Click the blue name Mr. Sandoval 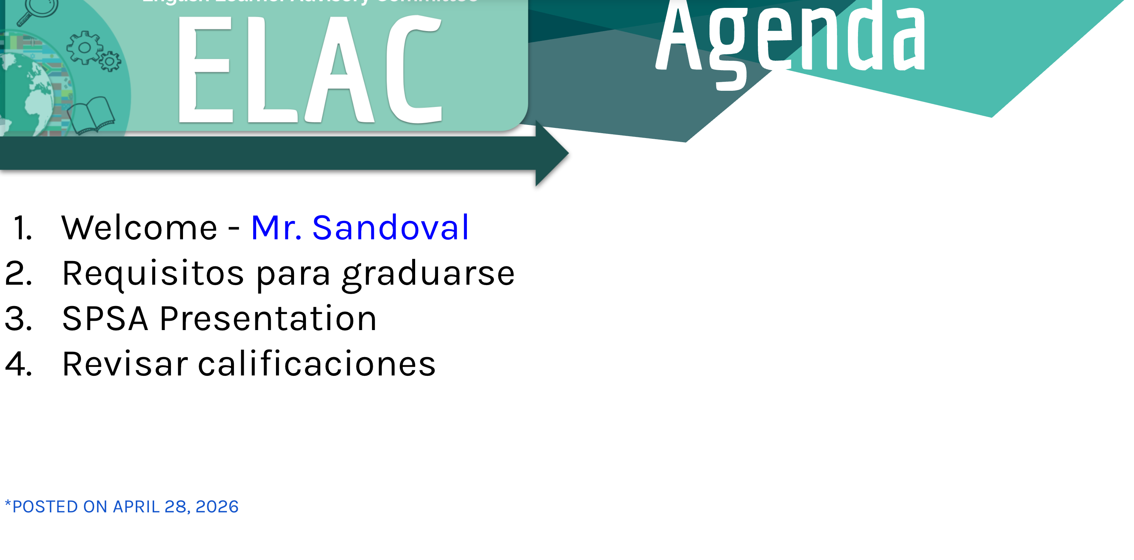click(x=360, y=228)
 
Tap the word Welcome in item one click(x=139, y=228)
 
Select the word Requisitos click(x=153, y=274)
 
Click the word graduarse click(x=428, y=274)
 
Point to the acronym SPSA click(x=105, y=319)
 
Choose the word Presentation click(x=268, y=319)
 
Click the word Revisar click(x=125, y=364)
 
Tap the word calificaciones click(x=316, y=364)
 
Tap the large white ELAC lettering click(x=309, y=69)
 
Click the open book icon click(x=91, y=116)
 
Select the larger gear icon click(x=84, y=48)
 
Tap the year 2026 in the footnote click(x=217, y=507)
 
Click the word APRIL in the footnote click(x=136, y=507)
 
